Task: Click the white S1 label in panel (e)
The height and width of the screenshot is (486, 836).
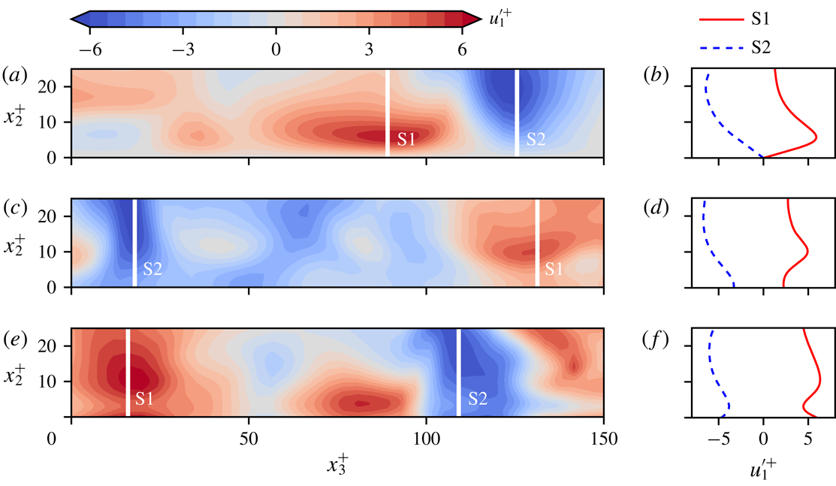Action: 145,399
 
